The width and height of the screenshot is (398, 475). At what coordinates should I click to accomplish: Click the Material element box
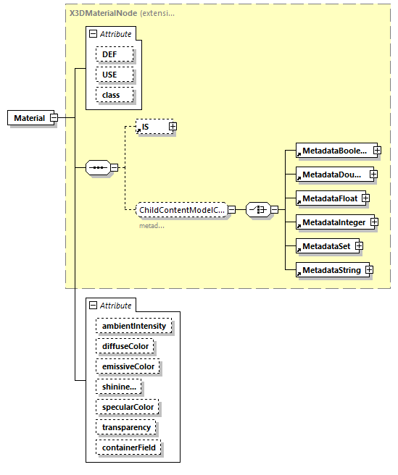(29, 118)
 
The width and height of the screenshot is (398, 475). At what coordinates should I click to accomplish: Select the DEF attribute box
(109, 54)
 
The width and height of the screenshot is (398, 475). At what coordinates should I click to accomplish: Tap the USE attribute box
(109, 75)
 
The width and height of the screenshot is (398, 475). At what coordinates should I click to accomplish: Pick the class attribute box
(111, 95)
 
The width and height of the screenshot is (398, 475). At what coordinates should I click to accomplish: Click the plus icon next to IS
(173, 127)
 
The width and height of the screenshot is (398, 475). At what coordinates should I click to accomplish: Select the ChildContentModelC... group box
(181, 209)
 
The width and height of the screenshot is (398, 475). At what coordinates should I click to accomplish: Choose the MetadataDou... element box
(333, 174)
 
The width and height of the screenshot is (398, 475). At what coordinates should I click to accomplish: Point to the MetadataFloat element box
(328, 198)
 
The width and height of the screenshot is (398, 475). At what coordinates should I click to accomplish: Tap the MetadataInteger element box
(333, 222)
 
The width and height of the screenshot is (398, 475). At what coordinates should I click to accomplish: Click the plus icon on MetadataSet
(359, 246)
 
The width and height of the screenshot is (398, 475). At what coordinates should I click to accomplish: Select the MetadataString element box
(330, 270)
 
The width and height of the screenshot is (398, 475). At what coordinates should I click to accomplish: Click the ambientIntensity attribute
(134, 326)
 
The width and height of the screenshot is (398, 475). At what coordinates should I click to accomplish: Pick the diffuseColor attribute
(125, 346)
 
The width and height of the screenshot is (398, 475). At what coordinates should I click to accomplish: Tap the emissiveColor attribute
(128, 366)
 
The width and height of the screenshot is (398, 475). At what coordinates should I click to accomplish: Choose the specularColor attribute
(127, 408)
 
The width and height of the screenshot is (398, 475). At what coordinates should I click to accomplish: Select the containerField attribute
(128, 448)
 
